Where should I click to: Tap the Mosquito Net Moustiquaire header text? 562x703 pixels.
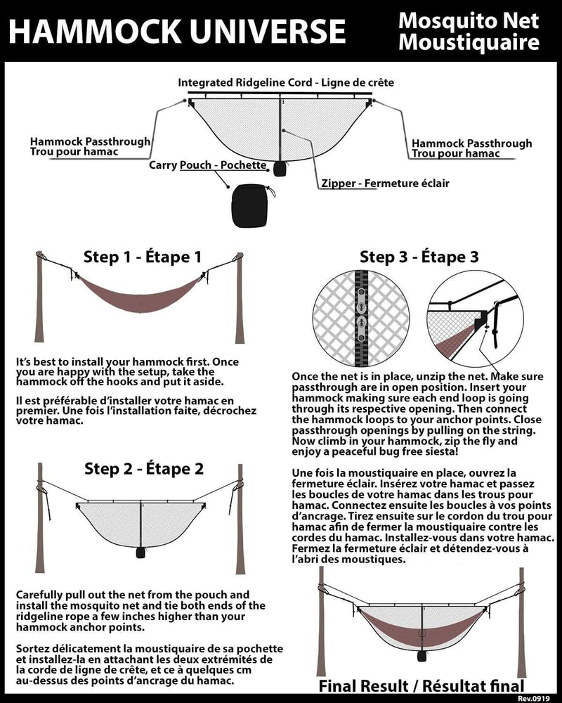[x=469, y=31]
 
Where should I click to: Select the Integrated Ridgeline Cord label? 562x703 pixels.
[x=286, y=83]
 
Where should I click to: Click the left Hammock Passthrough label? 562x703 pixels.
[x=90, y=146]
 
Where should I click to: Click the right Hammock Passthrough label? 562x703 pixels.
[x=471, y=148]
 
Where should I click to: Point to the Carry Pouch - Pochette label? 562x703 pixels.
[x=208, y=166]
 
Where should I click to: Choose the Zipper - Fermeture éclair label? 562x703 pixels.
[x=385, y=183]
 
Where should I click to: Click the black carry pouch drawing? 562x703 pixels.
[x=251, y=205]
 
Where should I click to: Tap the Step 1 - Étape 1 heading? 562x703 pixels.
[x=143, y=257]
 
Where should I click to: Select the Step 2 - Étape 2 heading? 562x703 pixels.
[x=144, y=469]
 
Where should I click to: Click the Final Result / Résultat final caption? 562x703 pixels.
[x=421, y=686]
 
